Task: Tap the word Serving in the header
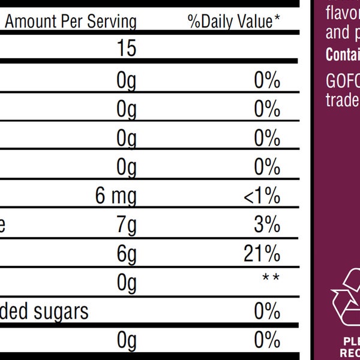[x=112, y=22]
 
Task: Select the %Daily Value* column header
[x=234, y=22]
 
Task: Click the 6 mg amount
[x=116, y=196]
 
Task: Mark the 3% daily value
[x=268, y=225]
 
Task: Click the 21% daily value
[x=263, y=254]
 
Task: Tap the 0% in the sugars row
[x=267, y=311]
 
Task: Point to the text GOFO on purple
[x=343, y=81]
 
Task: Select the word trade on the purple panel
[x=343, y=99]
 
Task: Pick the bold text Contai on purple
[x=343, y=54]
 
